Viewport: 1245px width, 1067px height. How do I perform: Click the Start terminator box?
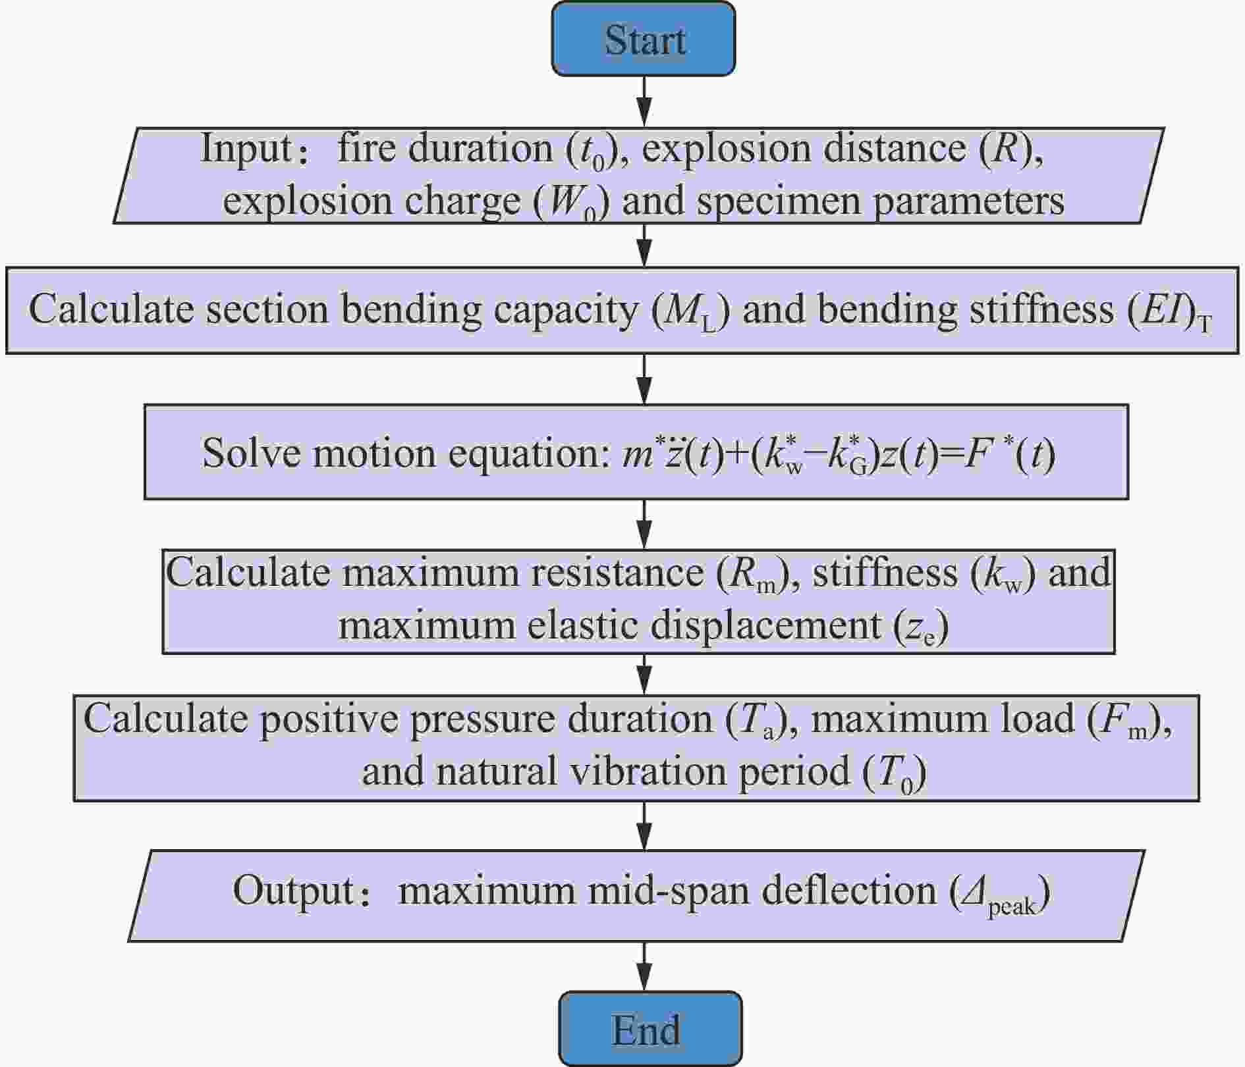pyautogui.click(x=643, y=39)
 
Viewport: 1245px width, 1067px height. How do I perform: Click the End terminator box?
pyautogui.click(x=650, y=1029)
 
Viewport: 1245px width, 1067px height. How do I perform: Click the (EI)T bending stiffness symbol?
pyautogui.click(x=1169, y=311)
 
